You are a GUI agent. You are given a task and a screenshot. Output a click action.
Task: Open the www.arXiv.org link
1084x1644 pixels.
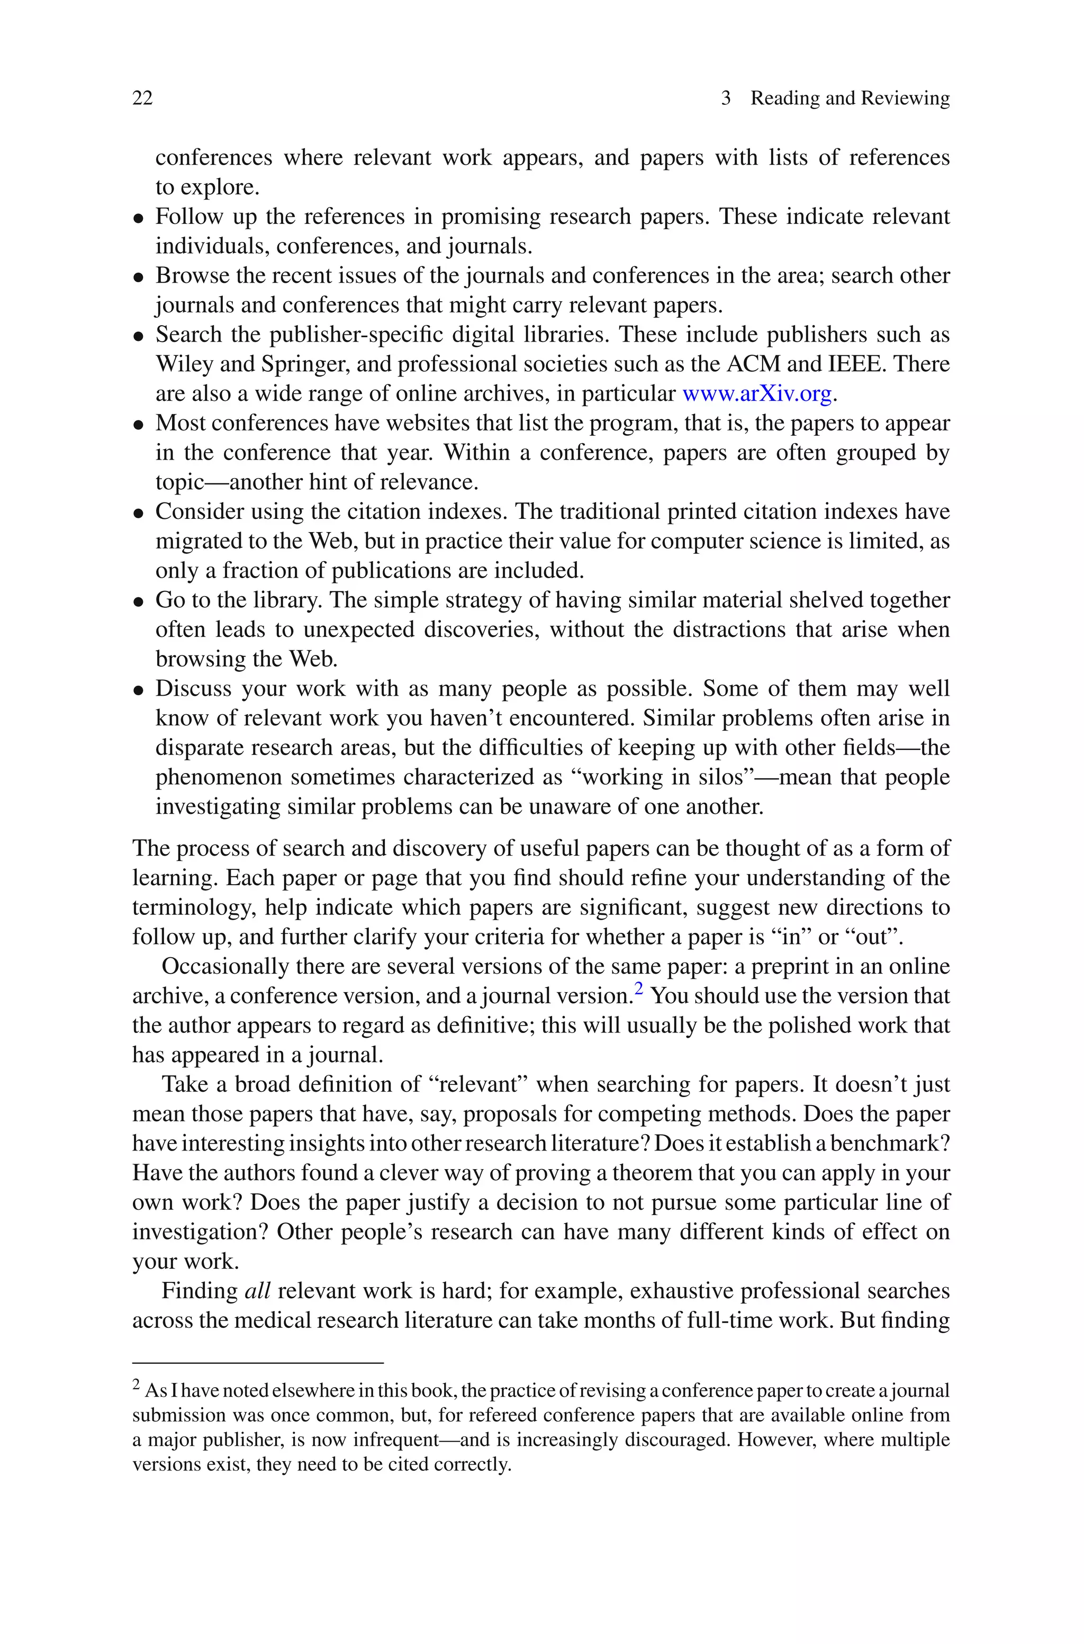756,393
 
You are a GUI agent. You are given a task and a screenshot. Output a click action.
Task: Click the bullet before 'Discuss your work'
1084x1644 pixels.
139,690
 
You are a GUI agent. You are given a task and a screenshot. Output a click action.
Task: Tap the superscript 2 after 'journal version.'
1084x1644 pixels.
638,989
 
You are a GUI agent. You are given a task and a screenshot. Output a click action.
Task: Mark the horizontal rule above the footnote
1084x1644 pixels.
257,1363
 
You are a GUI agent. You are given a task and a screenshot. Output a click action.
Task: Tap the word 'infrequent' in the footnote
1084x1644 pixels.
395,1440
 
